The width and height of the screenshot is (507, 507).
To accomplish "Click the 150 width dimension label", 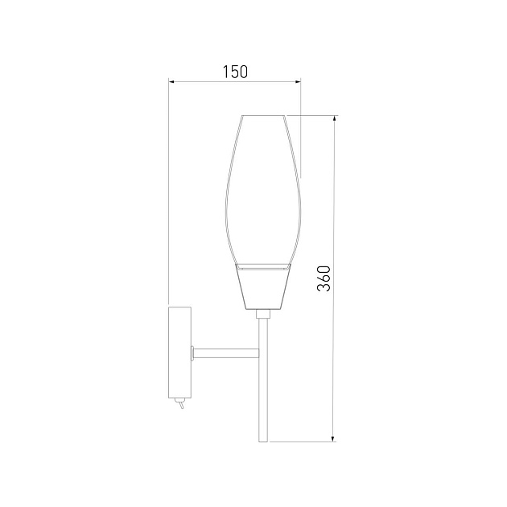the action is point(235,72).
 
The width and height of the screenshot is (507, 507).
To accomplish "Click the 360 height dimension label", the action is point(324,278).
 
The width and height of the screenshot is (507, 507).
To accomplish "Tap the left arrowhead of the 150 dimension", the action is point(171,82).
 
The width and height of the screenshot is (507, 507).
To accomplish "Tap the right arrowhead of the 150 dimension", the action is point(298,82).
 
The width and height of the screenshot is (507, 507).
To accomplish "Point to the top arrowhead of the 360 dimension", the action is point(334,118).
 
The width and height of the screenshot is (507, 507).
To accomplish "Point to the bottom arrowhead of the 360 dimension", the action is point(333,438).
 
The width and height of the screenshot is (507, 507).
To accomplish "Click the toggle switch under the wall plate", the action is point(179,403).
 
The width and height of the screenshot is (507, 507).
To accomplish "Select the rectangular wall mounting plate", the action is point(179,352).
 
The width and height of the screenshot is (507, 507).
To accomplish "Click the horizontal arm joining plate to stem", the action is point(225,353).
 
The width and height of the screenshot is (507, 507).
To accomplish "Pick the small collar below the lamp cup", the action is point(263,314).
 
